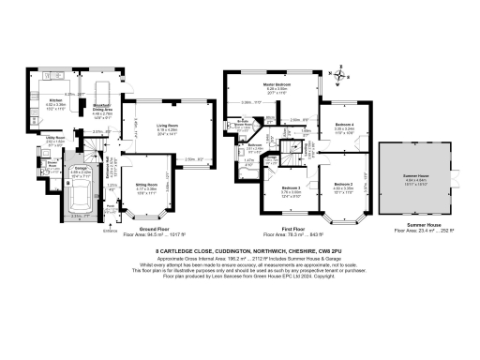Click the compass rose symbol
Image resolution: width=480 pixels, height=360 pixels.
tap(343, 78)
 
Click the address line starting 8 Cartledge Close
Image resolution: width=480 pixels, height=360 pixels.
tap(240, 252)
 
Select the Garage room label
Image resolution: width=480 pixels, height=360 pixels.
tap(82, 172)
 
